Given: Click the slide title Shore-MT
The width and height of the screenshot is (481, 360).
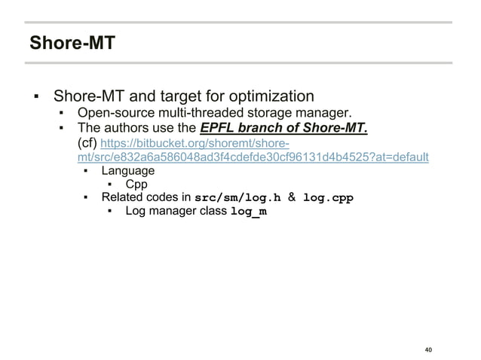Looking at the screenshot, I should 72,43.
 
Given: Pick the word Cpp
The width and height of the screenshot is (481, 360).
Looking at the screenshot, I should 136,184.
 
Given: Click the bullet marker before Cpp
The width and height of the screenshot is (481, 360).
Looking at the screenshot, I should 110,185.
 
